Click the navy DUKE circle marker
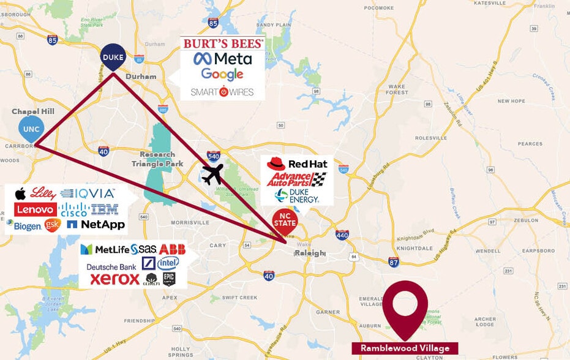[113, 57]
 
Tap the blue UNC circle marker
[30, 129]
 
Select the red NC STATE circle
[285, 220]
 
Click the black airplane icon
[213, 174]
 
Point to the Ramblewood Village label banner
[405, 348]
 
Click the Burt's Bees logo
[222, 43]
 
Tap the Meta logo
[222, 59]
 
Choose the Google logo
[222, 75]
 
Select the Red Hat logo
[298, 163]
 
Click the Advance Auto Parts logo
[296, 179]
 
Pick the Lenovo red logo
[36, 209]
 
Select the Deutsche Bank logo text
[111, 267]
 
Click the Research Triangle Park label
[157, 159]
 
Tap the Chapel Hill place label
[32, 111]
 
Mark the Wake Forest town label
[397, 89]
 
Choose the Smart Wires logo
[222, 92]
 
